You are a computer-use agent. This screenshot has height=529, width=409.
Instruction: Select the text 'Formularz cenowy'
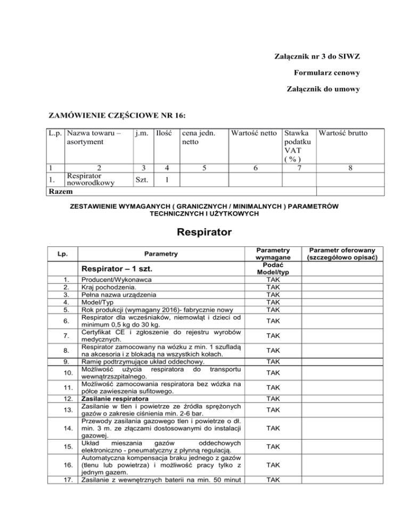pos(325,72)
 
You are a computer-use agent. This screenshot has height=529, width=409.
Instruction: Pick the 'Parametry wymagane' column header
pos(272,254)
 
